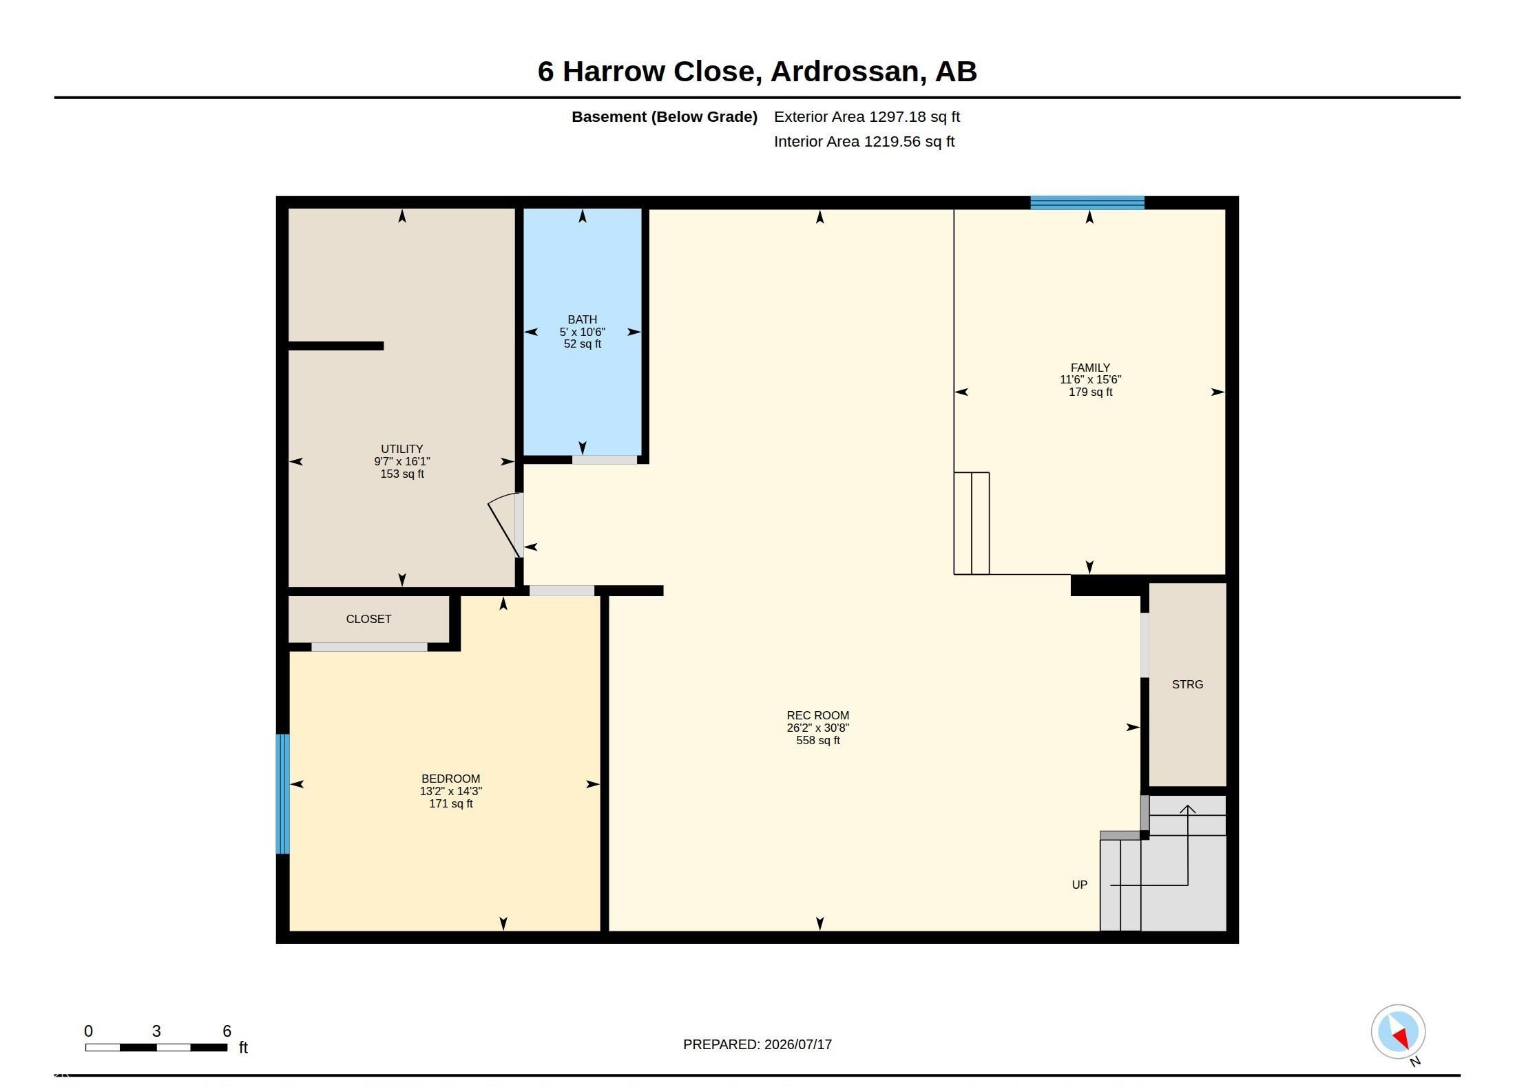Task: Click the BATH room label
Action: (582, 319)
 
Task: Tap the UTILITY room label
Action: (402, 449)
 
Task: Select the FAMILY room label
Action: (1090, 368)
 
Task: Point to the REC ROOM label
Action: (818, 715)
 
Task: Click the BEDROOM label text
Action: (451, 779)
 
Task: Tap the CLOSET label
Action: (368, 619)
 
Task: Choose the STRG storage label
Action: (1188, 684)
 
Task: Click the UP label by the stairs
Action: (1079, 885)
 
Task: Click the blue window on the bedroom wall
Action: (282, 794)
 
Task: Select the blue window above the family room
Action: (1087, 202)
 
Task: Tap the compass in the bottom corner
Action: (1398, 1031)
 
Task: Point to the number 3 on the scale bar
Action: (156, 1031)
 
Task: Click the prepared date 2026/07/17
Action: (798, 1044)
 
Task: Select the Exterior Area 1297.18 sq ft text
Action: (867, 117)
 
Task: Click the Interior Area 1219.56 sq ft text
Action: (864, 142)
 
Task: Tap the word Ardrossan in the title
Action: (844, 72)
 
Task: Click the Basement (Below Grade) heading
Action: (665, 117)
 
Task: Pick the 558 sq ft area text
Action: (818, 740)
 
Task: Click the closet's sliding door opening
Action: (369, 647)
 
